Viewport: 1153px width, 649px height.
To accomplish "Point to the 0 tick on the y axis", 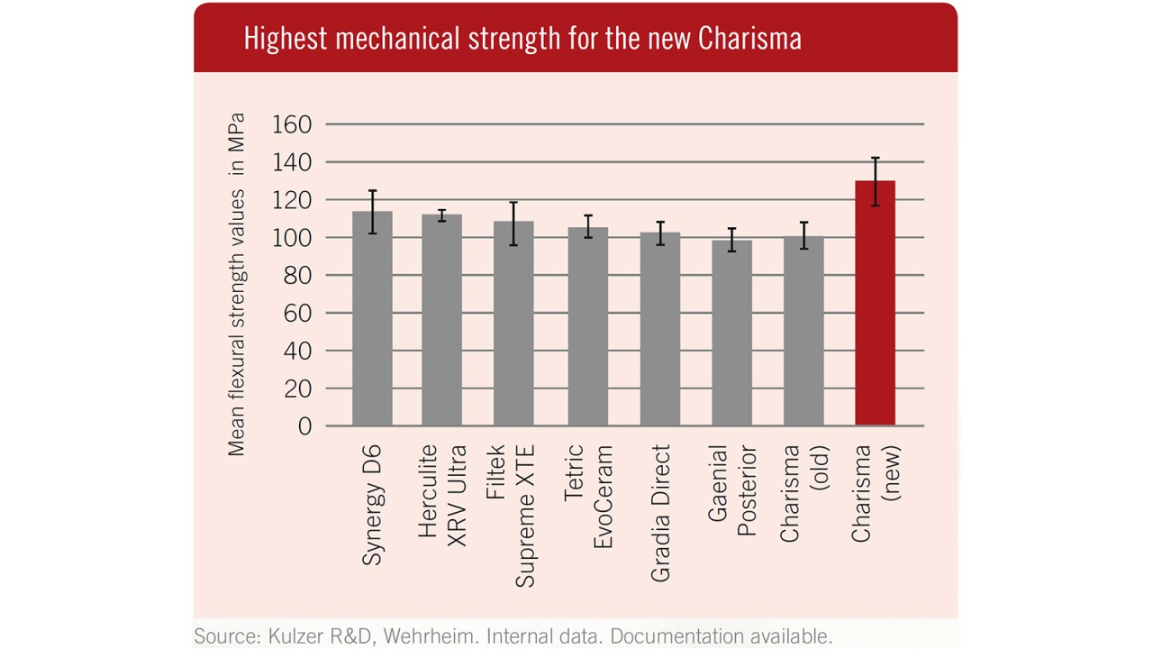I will coord(304,426).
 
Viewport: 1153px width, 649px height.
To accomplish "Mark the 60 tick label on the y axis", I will coord(297,314).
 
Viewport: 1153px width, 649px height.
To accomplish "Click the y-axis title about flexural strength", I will coord(236,284).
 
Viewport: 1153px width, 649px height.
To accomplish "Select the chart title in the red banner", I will coord(522,40).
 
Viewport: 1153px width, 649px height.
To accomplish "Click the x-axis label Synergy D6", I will coord(372,505).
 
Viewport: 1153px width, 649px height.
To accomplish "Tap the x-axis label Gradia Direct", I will coord(660,512).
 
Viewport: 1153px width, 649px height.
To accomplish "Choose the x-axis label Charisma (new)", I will coord(875,493).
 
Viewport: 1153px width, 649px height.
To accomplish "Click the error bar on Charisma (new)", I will coord(875,181).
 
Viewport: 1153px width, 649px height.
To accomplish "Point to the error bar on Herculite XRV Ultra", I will coord(441,215).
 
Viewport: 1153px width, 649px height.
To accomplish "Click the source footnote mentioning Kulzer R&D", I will coord(513,636).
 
